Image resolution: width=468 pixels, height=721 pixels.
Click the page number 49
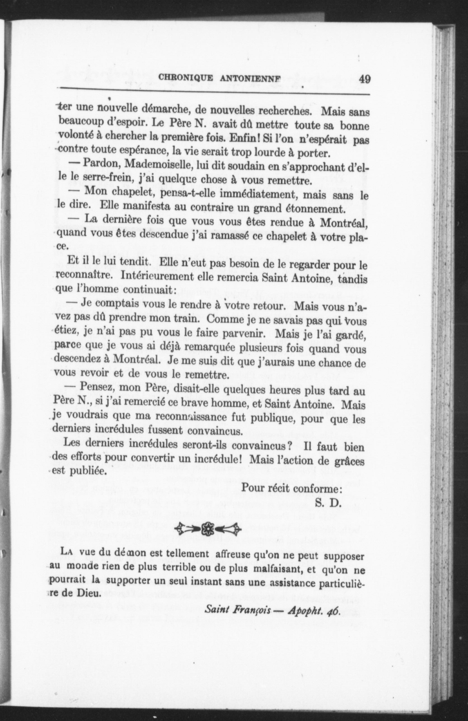click(x=364, y=79)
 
